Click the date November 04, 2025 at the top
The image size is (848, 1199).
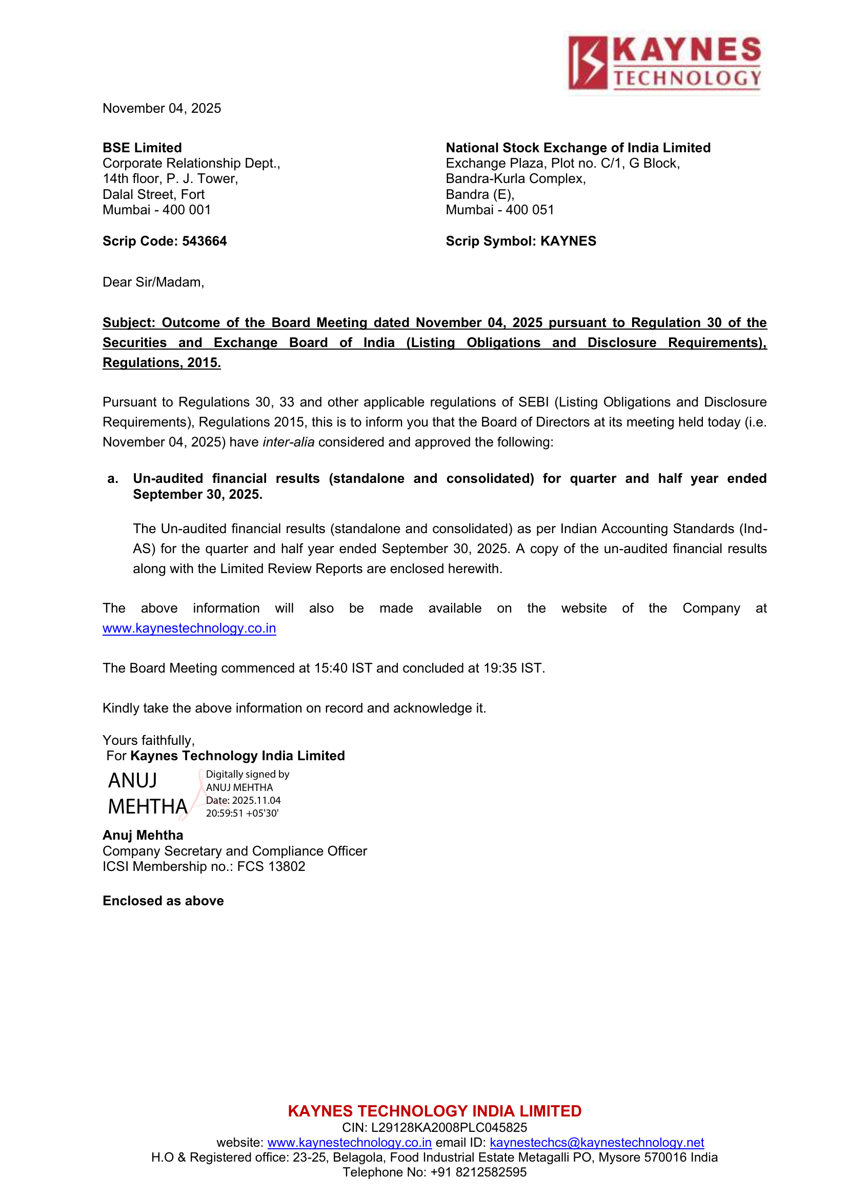162,108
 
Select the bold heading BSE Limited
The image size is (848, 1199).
142,148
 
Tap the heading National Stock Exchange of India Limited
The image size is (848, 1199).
578,148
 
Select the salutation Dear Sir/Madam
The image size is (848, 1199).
153,282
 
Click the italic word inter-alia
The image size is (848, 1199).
288,442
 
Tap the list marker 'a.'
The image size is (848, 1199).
113,479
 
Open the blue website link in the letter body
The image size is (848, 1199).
189,628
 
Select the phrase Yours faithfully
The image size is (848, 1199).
148,741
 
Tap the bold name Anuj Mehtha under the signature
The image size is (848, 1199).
143,836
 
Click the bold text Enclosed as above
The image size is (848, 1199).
163,901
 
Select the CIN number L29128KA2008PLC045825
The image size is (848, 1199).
449,1127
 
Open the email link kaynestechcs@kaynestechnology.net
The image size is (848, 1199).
597,1143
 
